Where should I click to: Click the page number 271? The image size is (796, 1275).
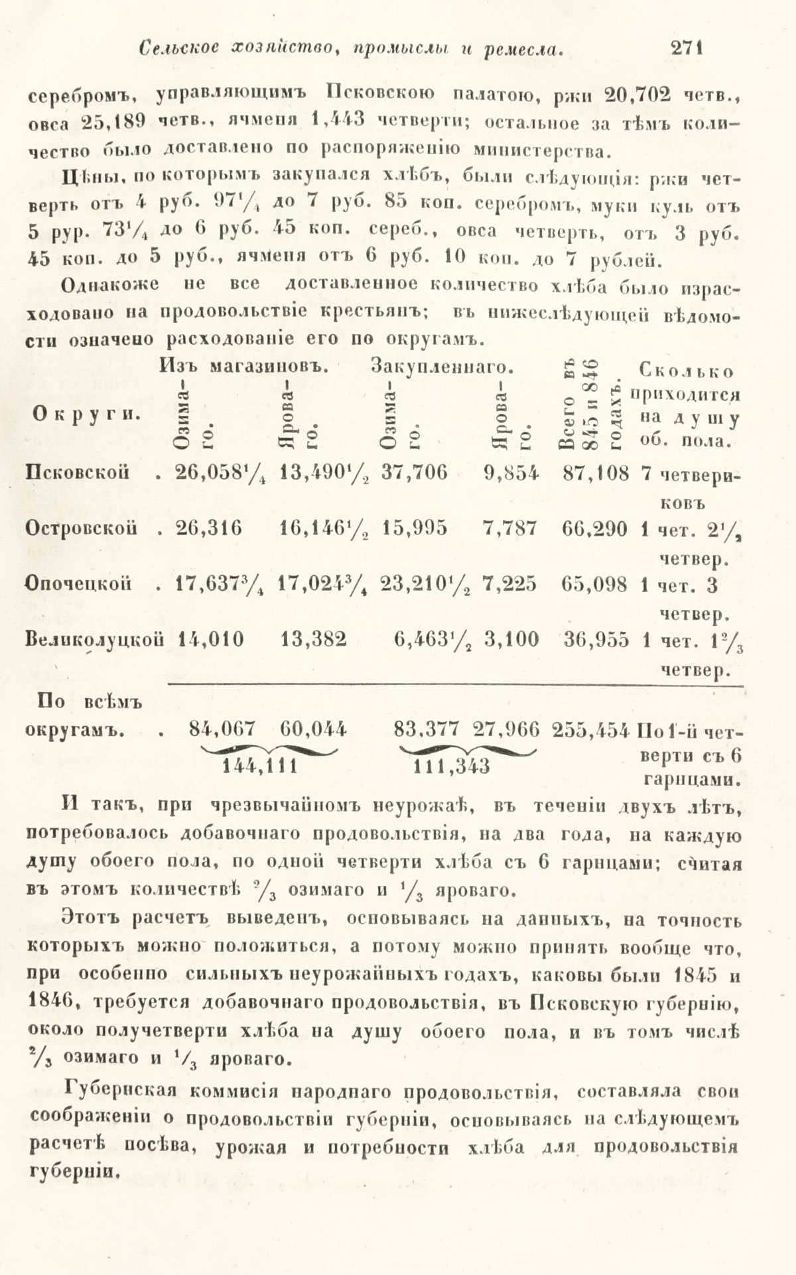[687, 48]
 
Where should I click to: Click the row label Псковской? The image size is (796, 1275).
[76, 473]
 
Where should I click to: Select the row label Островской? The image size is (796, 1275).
[82, 528]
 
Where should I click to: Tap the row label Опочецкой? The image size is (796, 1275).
[78, 583]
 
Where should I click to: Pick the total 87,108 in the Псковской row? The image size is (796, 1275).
[594, 473]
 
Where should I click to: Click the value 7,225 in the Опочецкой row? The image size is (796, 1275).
[510, 583]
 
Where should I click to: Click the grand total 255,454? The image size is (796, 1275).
[594, 729]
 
